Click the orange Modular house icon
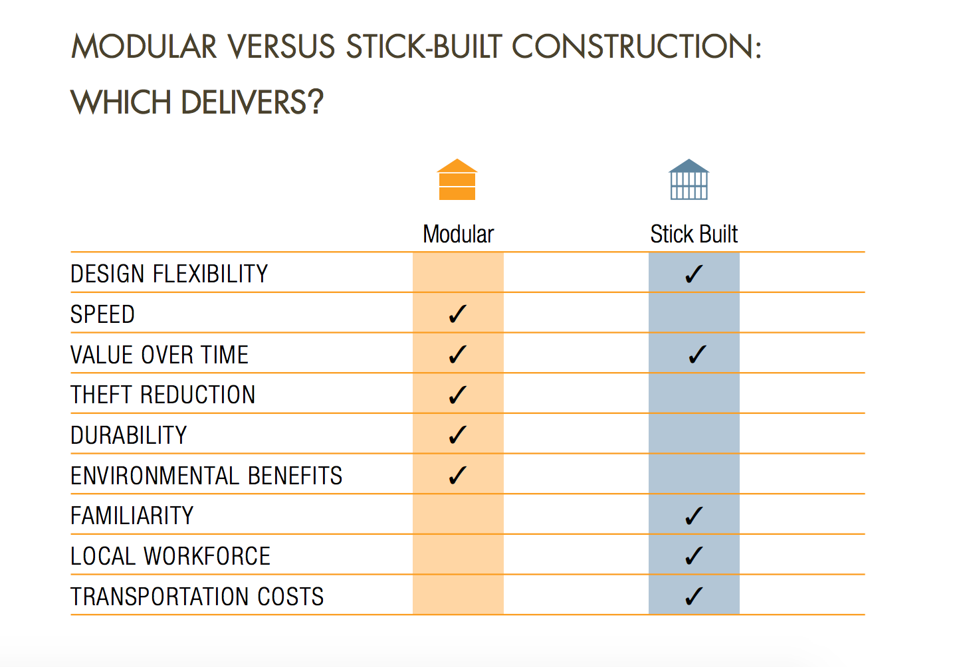tap(457, 179)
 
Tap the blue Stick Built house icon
tap(689, 179)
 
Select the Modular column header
tap(458, 235)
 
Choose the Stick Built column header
tap(694, 235)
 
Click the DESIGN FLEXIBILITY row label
tap(169, 274)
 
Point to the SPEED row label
tap(102, 314)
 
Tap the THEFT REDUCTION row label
tap(163, 395)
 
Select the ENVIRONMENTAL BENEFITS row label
tap(207, 475)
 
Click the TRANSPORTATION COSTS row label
tap(197, 596)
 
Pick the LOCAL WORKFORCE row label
tap(170, 556)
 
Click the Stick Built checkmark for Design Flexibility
tap(694, 274)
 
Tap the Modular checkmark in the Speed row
tap(457, 314)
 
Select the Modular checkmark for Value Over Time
tap(457, 354)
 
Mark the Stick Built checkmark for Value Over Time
tap(697, 354)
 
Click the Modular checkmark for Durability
tap(457, 435)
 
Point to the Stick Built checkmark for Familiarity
tap(694, 516)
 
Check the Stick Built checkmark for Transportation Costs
tap(694, 596)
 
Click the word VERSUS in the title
tap(281, 47)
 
